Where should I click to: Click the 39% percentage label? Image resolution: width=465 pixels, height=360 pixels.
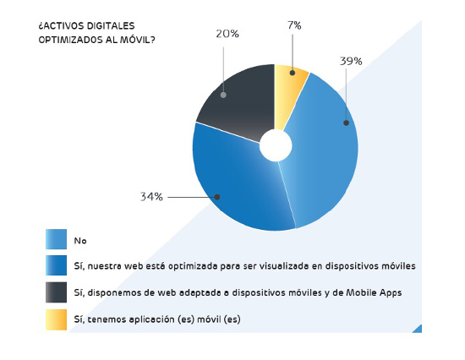point(352,61)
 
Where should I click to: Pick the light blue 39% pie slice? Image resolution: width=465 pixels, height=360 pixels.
point(325,152)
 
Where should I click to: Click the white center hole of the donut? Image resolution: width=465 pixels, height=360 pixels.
point(276,145)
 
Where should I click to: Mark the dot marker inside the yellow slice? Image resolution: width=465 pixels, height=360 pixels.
point(292,74)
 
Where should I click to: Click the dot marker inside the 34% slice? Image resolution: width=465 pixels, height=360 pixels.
point(217,197)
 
